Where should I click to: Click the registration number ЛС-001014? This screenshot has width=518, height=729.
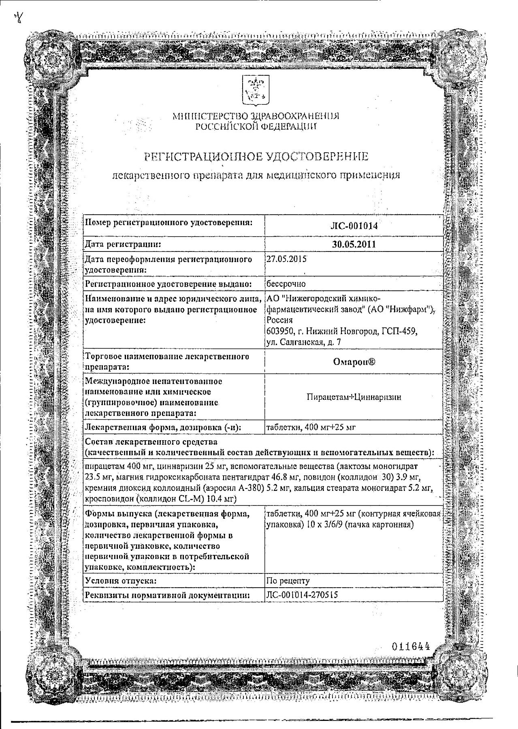tap(354, 226)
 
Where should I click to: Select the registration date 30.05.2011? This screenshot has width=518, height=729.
tap(354, 244)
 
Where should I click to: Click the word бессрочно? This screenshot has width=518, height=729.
tap(286, 283)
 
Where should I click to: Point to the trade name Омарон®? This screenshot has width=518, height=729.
tap(354, 362)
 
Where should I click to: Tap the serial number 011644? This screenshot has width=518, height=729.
tap(411, 646)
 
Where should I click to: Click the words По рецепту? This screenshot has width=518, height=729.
tap(288, 581)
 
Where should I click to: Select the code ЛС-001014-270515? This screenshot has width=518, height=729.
tap(302, 595)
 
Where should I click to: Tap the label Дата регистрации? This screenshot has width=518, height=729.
tap(123, 244)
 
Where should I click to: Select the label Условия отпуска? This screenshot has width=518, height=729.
tap(121, 581)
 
